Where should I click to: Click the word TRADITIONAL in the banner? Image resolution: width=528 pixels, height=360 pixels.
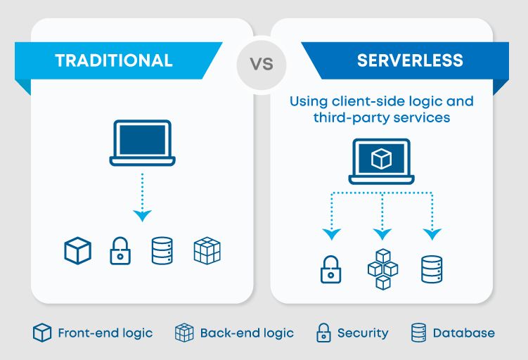[x=114, y=60]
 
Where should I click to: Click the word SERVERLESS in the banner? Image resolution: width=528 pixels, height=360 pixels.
[x=410, y=60]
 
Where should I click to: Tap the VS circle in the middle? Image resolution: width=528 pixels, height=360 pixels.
[x=262, y=64]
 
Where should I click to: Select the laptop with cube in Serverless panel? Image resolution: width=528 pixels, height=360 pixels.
[x=381, y=161]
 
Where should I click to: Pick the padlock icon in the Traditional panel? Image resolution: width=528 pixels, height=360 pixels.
[x=120, y=250]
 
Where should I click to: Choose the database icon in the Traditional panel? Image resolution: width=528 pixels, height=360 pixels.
[x=162, y=250]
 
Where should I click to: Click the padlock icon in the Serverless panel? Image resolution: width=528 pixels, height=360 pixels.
[x=330, y=269]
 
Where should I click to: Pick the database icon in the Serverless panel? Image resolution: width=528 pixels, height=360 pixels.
[x=431, y=269]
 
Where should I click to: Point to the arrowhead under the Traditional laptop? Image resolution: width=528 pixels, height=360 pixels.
[x=141, y=215]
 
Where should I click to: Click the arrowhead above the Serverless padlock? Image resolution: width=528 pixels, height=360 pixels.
[x=330, y=233]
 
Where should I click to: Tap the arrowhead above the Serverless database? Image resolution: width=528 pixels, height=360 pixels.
[x=431, y=233]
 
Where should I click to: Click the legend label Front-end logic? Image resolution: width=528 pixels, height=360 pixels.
[x=105, y=333]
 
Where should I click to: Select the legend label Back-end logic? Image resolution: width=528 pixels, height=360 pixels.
[x=247, y=333]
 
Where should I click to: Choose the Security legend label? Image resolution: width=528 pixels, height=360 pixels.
[x=362, y=333]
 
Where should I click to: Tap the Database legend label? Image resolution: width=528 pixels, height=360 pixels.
[x=463, y=333]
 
